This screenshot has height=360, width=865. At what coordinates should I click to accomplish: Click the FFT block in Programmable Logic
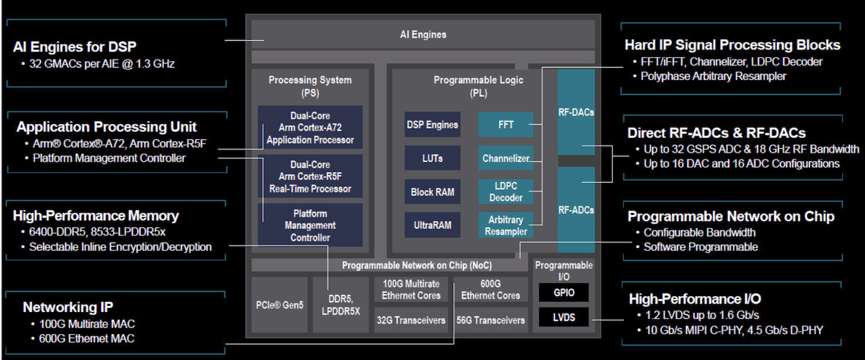(506, 125)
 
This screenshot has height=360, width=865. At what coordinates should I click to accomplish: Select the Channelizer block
(506, 158)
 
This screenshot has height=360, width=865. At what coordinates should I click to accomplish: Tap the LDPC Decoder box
(506, 192)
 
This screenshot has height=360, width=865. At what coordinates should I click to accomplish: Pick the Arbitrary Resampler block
(506, 226)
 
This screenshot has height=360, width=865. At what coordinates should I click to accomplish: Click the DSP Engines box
(432, 125)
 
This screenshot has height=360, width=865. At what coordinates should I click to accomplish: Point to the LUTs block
(432, 158)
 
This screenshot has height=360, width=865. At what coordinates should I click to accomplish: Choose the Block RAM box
(432, 192)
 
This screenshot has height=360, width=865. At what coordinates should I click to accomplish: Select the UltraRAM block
(432, 226)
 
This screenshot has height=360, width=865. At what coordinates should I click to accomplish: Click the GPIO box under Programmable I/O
(564, 292)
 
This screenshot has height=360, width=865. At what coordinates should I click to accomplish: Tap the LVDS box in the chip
(564, 317)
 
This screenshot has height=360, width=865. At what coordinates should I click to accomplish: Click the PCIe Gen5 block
(280, 305)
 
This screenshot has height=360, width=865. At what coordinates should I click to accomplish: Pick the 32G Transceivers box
(411, 320)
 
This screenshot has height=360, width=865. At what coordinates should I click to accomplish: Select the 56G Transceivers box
(491, 320)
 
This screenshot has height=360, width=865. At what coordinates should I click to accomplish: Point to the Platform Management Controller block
(310, 226)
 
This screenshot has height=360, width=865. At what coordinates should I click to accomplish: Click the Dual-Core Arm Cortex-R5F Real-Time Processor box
(310, 177)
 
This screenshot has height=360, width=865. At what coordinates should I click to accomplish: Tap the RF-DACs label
(576, 112)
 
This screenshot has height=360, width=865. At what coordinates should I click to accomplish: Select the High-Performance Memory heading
(96, 216)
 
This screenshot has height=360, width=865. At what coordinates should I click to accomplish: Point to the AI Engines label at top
(423, 35)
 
